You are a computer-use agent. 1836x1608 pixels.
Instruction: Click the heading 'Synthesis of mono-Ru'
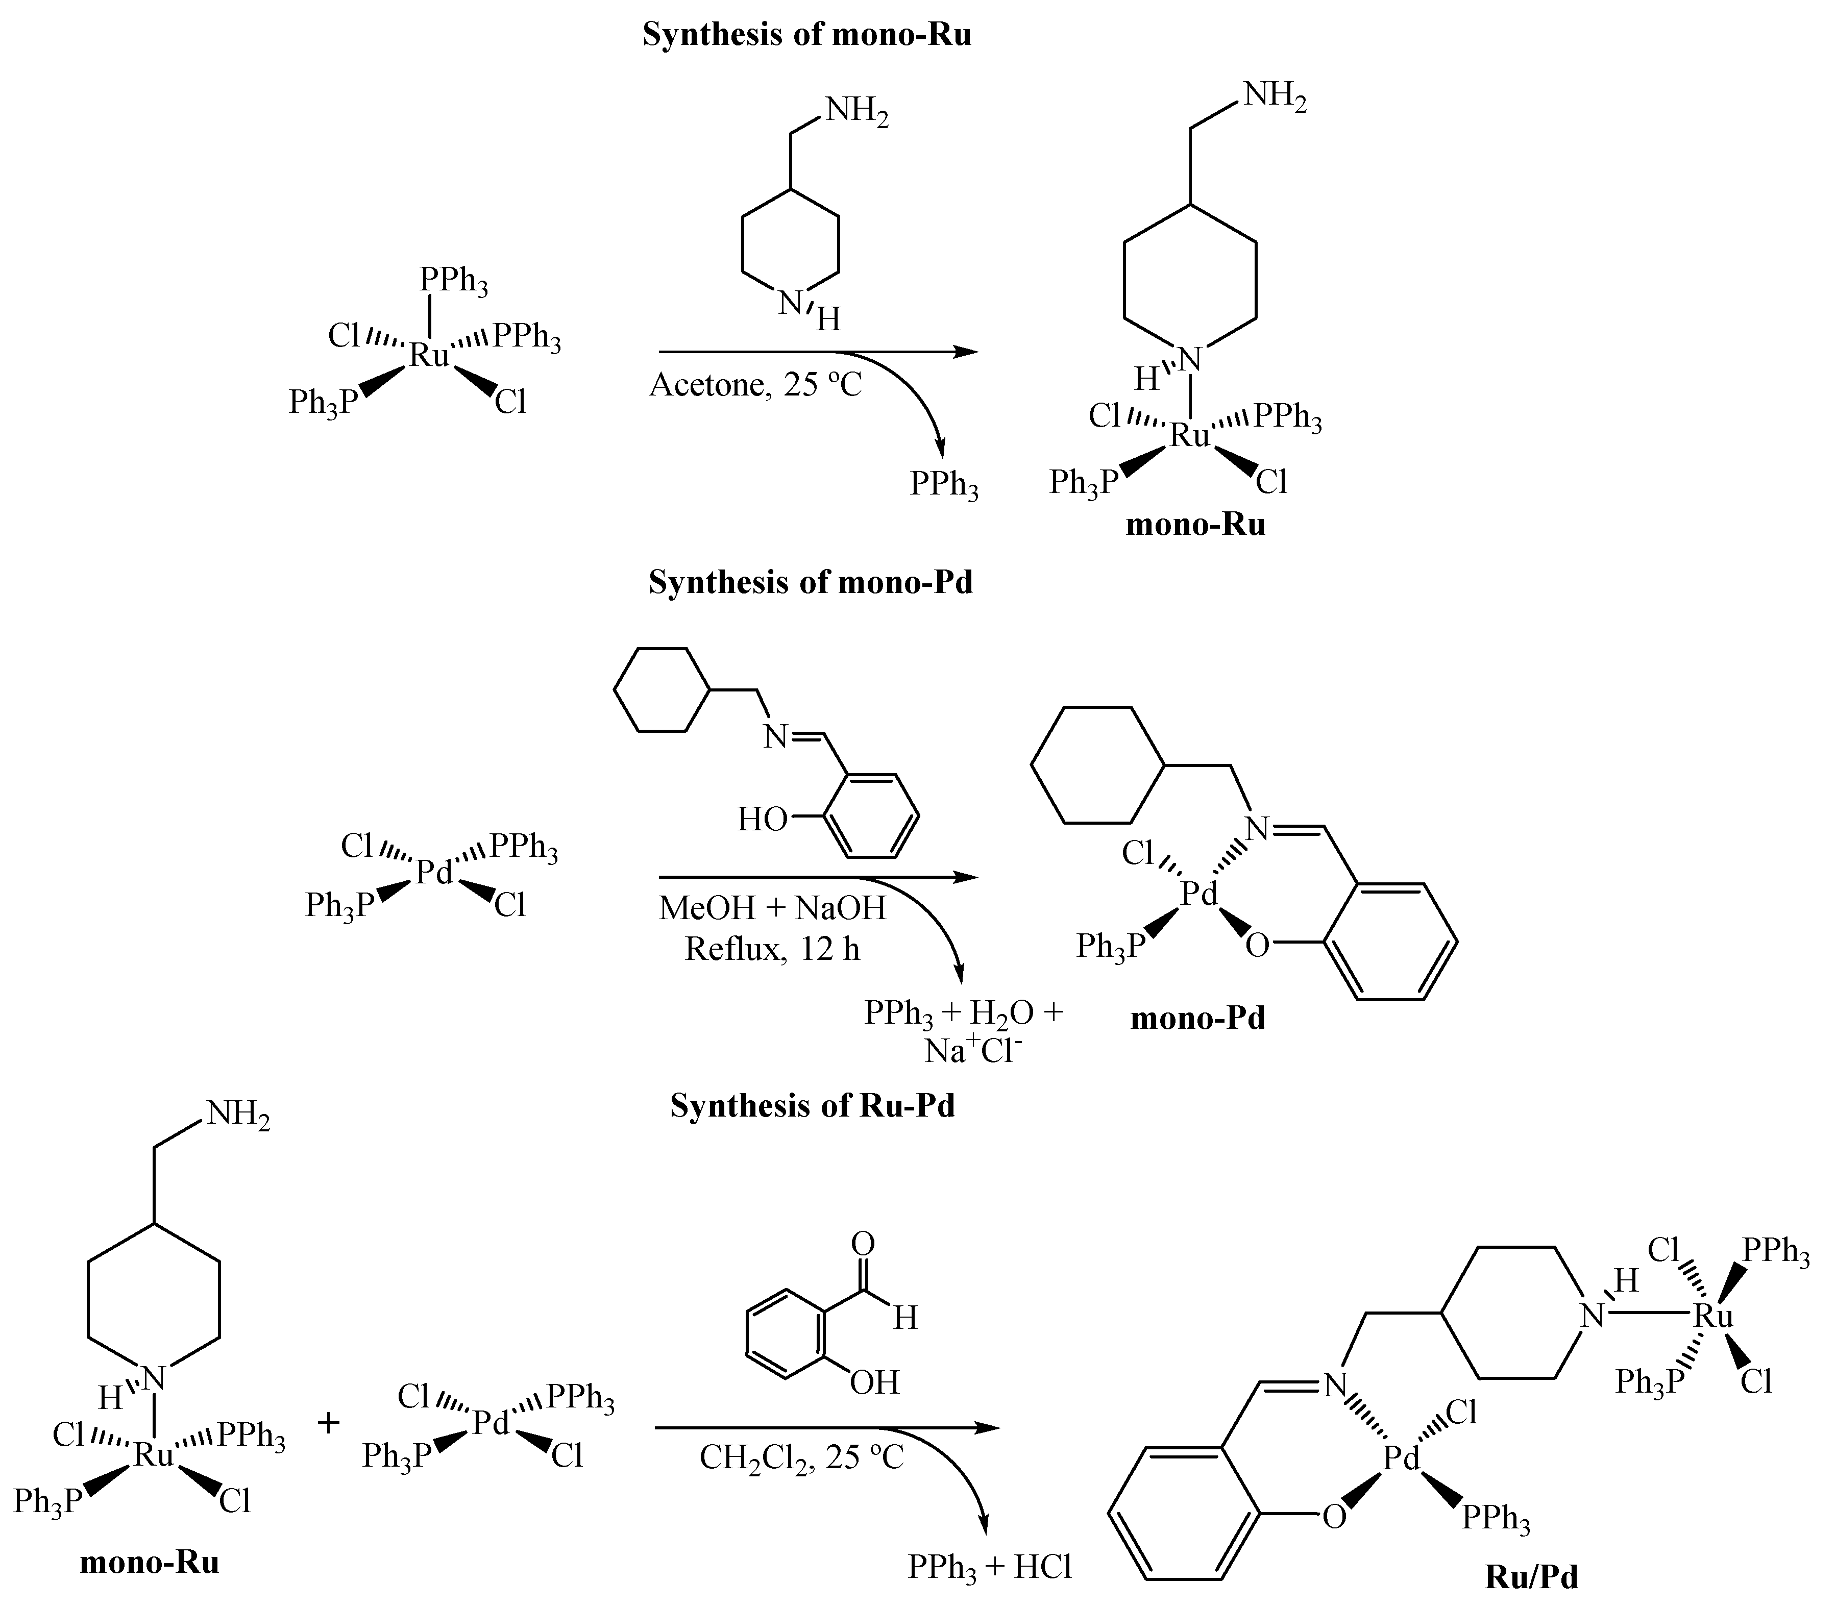(x=806, y=36)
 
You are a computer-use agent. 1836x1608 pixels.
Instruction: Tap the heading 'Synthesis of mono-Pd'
(x=811, y=582)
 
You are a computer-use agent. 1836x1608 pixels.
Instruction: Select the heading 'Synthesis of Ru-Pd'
(x=812, y=1105)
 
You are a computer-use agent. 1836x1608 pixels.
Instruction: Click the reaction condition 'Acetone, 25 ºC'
(x=755, y=385)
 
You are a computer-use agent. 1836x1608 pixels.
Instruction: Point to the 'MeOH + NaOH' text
(x=772, y=907)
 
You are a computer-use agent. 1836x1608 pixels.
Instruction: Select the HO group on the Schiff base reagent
(x=762, y=819)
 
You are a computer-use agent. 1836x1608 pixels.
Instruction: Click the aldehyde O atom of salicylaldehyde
(x=863, y=1243)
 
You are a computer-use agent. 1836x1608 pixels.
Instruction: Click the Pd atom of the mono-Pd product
(x=1199, y=894)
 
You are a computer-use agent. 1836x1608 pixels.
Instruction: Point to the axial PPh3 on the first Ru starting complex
(x=453, y=282)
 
